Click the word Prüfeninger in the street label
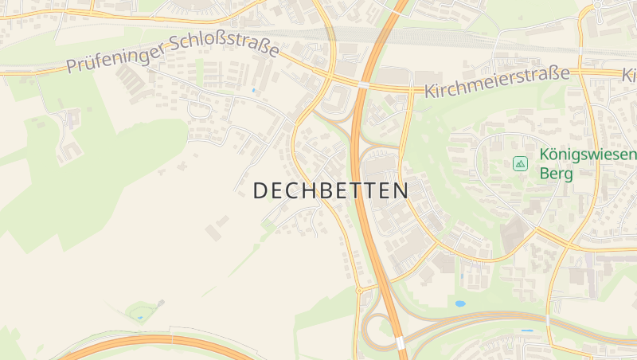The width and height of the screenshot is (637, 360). pyautogui.click(x=115, y=56)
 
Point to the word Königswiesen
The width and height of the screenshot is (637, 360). pyautogui.click(x=588, y=155)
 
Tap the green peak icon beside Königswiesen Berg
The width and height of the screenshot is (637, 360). pyautogui.click(x=520, y=163)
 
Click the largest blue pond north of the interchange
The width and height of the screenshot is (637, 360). pyautogui.click(x=459, y=303)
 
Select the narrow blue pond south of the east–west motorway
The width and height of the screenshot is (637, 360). pyautogui.click(x=526, y=330)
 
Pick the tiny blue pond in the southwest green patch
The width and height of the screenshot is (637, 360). pyautogui.click(x=140, y=318)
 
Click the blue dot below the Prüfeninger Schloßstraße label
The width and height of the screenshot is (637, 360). pyautogui.click(x=253, y=90)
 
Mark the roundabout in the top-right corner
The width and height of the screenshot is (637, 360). pyautogui.click(x=597, y=5)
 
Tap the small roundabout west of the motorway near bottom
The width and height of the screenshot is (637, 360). pyautogui.click(x=358, y=291)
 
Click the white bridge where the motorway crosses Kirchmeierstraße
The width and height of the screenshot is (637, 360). pyautogui.click(x=362, y=84)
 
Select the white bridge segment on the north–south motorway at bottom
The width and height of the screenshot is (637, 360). pyautogui.click(x=401, y=342)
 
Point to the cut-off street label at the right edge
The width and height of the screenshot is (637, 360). pyautogui.click(x=628, y=74)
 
